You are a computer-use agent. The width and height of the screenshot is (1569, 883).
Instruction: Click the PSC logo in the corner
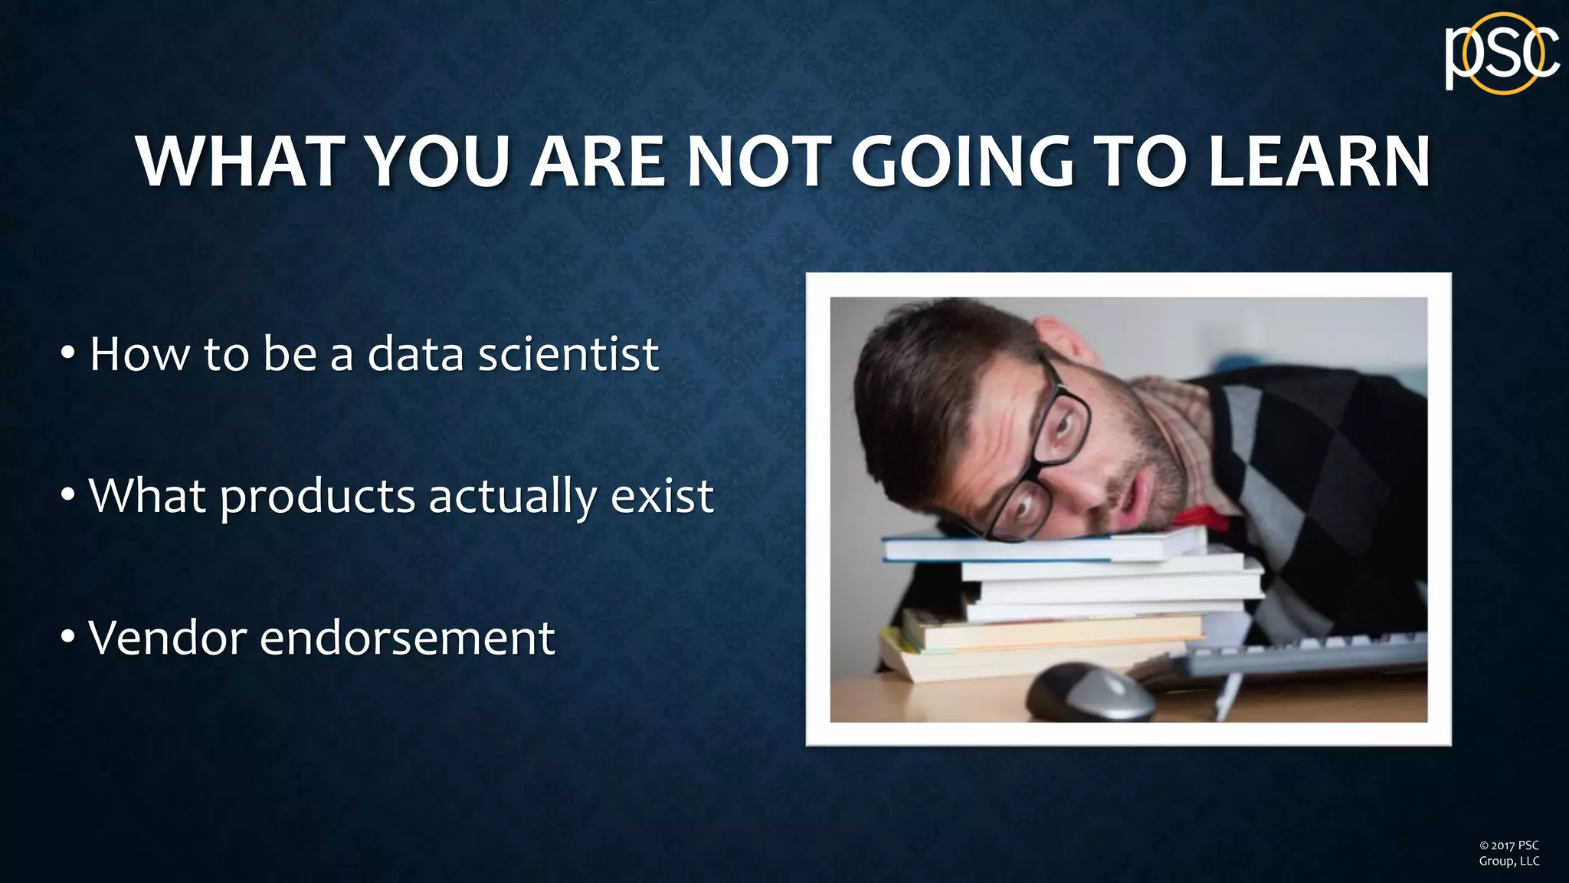click(x=1502, y=54)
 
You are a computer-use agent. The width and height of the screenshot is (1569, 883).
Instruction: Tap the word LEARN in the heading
click(x=1318, y=162)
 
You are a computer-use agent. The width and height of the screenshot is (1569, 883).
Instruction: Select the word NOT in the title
click(x=759, y=162)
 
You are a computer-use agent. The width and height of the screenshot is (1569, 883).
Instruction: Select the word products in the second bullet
click(x=317, y=497)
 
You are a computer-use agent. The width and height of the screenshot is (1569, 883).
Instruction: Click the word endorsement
click(x=407, y=638)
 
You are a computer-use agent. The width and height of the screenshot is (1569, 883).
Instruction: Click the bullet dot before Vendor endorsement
click(x=68, y=636)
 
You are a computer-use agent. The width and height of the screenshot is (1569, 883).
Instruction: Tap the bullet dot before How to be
click(x=68, y=353)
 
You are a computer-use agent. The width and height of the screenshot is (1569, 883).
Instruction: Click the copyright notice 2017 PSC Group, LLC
click(x=1508, y=853)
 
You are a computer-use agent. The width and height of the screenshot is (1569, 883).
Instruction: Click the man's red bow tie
click(x=1203, y=517)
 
